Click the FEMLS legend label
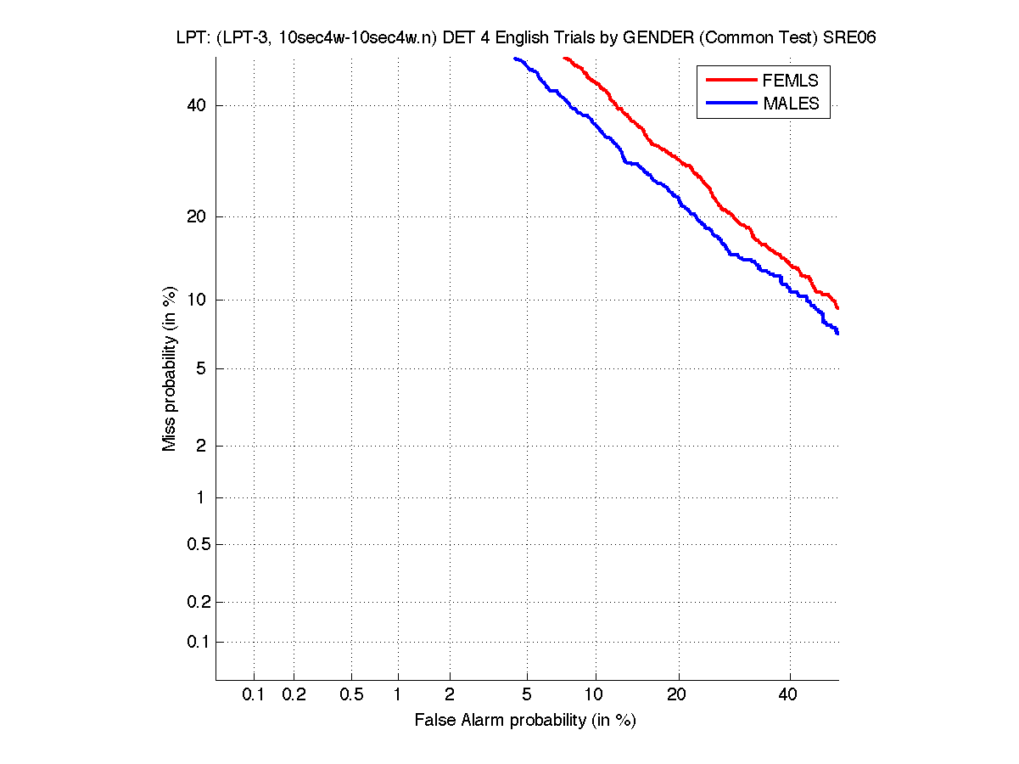(x=791, y=81)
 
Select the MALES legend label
(x=791, y=104)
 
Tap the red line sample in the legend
(x=731, y=80)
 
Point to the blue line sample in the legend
(x=731, y=103)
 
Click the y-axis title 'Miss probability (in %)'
(x=171, y=369)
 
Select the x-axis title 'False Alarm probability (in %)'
(x=525, y=721)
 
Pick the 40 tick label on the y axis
(x=197, y=106)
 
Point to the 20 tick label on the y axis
(x=197, y=216)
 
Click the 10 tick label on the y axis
(x=197, y=300)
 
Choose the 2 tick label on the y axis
(x=201, y=447)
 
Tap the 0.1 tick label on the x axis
(x=254, y=695)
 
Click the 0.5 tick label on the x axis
(x=351, y=695)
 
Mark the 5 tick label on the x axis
(x=527, y=695)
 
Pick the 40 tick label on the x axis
(x=789, y=695)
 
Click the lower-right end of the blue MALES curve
(x=837, y=333)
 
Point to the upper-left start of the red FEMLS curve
(x=564, y=59)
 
